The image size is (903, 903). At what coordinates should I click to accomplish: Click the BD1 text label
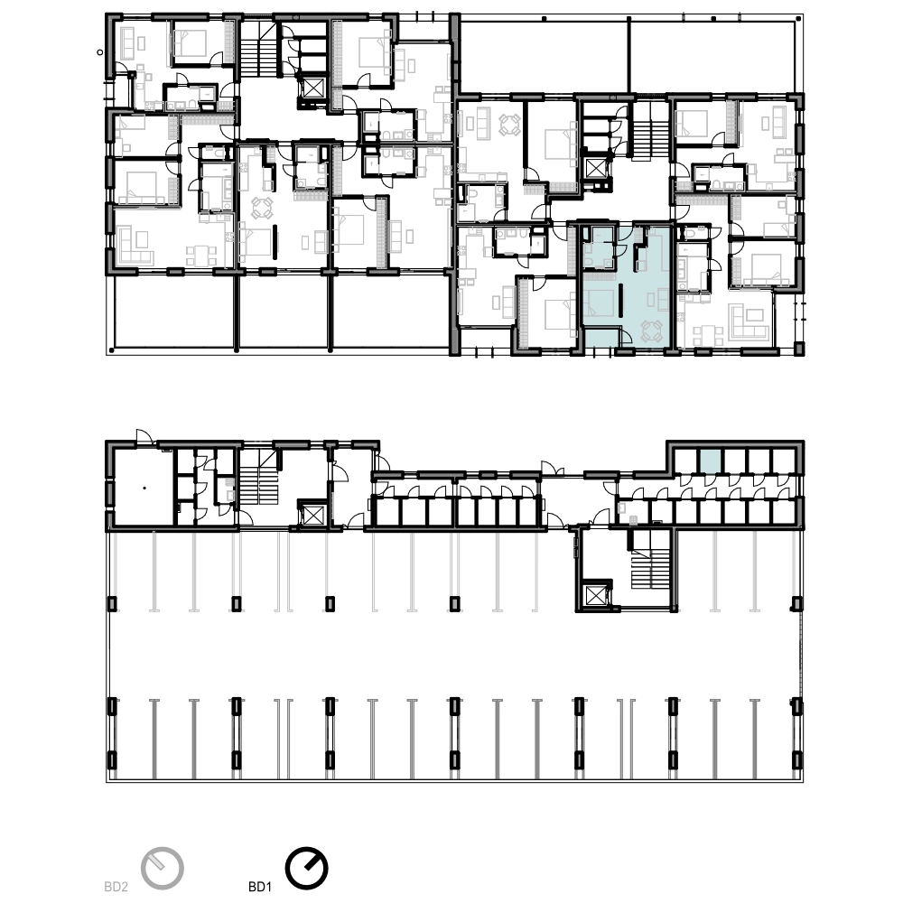[x=260, y=887]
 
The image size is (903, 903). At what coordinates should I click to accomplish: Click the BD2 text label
[x=116, y=887]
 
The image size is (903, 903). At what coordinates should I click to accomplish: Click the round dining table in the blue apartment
[x=652, y=331]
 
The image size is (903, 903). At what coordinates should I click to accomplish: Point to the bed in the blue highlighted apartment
[x=599, y=303]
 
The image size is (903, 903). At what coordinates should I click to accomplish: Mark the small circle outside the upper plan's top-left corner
[x=100, y=52]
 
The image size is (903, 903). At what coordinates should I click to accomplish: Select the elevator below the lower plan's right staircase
[x=594, y=595]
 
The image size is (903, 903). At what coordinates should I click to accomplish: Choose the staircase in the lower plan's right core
[x=650, y=568]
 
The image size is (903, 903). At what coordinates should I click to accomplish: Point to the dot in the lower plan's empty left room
[x=144, y=489]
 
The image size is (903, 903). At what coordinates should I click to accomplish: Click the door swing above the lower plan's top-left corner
[x=144, y=436]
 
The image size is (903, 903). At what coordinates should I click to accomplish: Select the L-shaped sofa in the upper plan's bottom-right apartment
[x=748, y=321]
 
